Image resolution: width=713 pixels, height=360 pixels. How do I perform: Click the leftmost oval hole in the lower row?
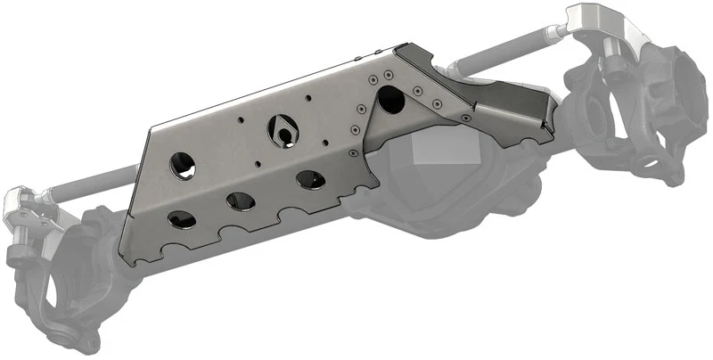click(182, 219)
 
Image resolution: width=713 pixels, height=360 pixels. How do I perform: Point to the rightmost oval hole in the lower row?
click(308, 178)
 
